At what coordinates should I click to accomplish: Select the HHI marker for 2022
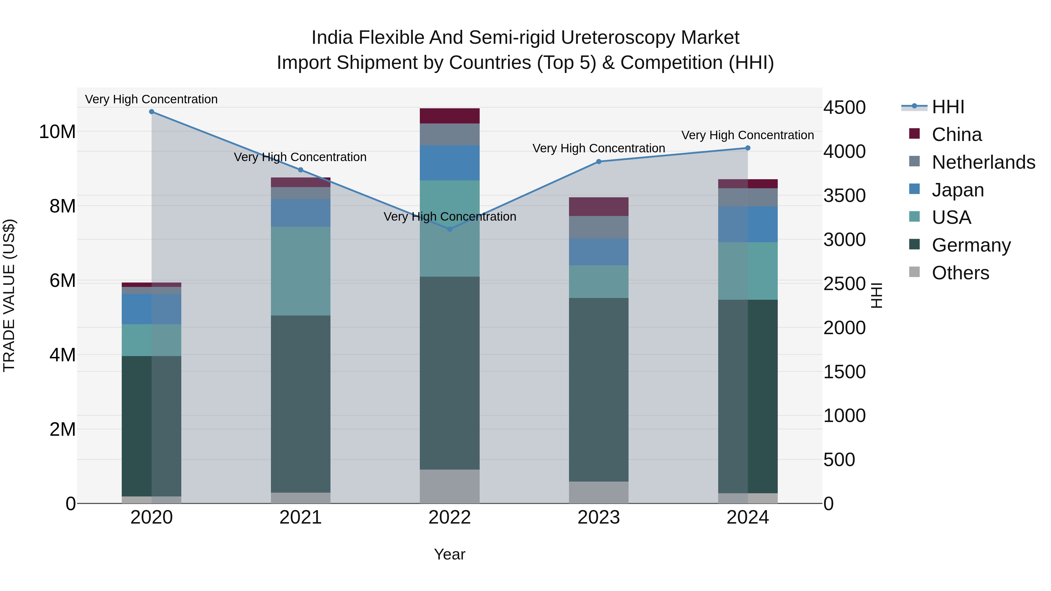[x=450, y=229]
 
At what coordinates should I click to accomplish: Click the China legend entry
[x=956, y=135]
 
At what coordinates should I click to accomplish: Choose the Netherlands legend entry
[x=983, y=162]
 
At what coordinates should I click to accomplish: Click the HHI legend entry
[x=948, y=107]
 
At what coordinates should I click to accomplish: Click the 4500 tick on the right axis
[x=844, y=108]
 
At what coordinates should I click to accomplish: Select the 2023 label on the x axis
[x=598, y=517]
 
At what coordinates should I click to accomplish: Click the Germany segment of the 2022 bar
[x=450, y=373]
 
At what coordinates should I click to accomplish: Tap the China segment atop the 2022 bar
[x=450, y=116]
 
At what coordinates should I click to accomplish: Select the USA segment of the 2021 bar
[x=301, y=271]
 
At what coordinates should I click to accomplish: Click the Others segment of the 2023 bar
[x=598, y=492]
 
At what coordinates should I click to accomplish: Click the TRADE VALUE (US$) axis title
[x=9, y=295]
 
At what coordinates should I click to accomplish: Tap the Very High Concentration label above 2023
[x=598, y=149]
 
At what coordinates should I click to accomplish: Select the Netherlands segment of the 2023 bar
[x=598, y=227]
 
